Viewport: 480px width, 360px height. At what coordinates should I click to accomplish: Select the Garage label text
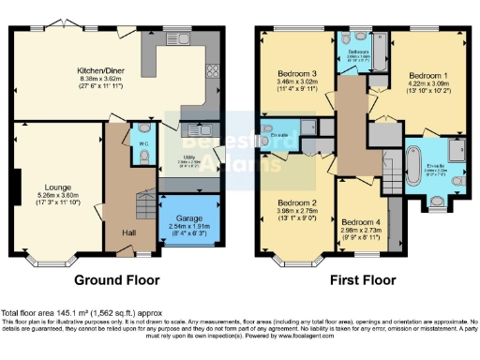(x=188, y=217)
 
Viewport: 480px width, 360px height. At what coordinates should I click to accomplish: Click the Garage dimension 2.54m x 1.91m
(x=188, y=225)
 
